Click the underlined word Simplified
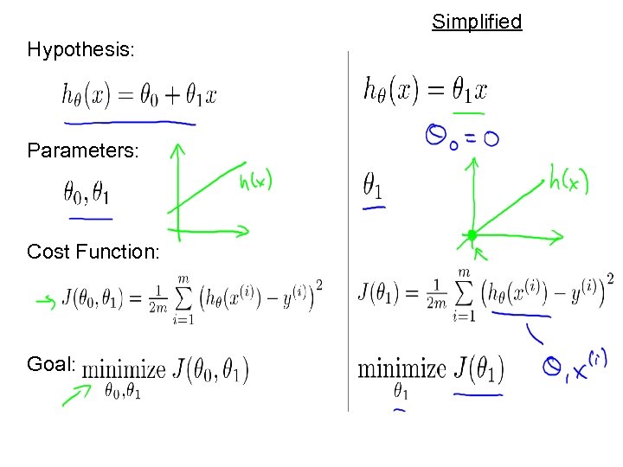pyautogui.click(x=477, y=22)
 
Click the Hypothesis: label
pyautogui.click(x=80, y=50)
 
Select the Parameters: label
pyautogui.click(x=82, y=151)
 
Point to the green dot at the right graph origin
pyautogui.click(x=472, y=234)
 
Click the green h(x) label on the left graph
pyautogui.click(x=255, y=181)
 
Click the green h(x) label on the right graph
pyautogui.click(x=568, y=181)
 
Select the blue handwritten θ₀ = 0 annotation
pyautogui.click(x=461, y=136)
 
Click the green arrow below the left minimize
pyautogui.click(x=76, y=396)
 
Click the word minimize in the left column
pyautogui.click(x=124, y=369)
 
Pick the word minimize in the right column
pyautogui.click(x=401, y=369)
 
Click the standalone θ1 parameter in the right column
pyautogui.click(x=374, y=185)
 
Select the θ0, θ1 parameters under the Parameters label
pyautogui.click(x=86, y=191)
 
